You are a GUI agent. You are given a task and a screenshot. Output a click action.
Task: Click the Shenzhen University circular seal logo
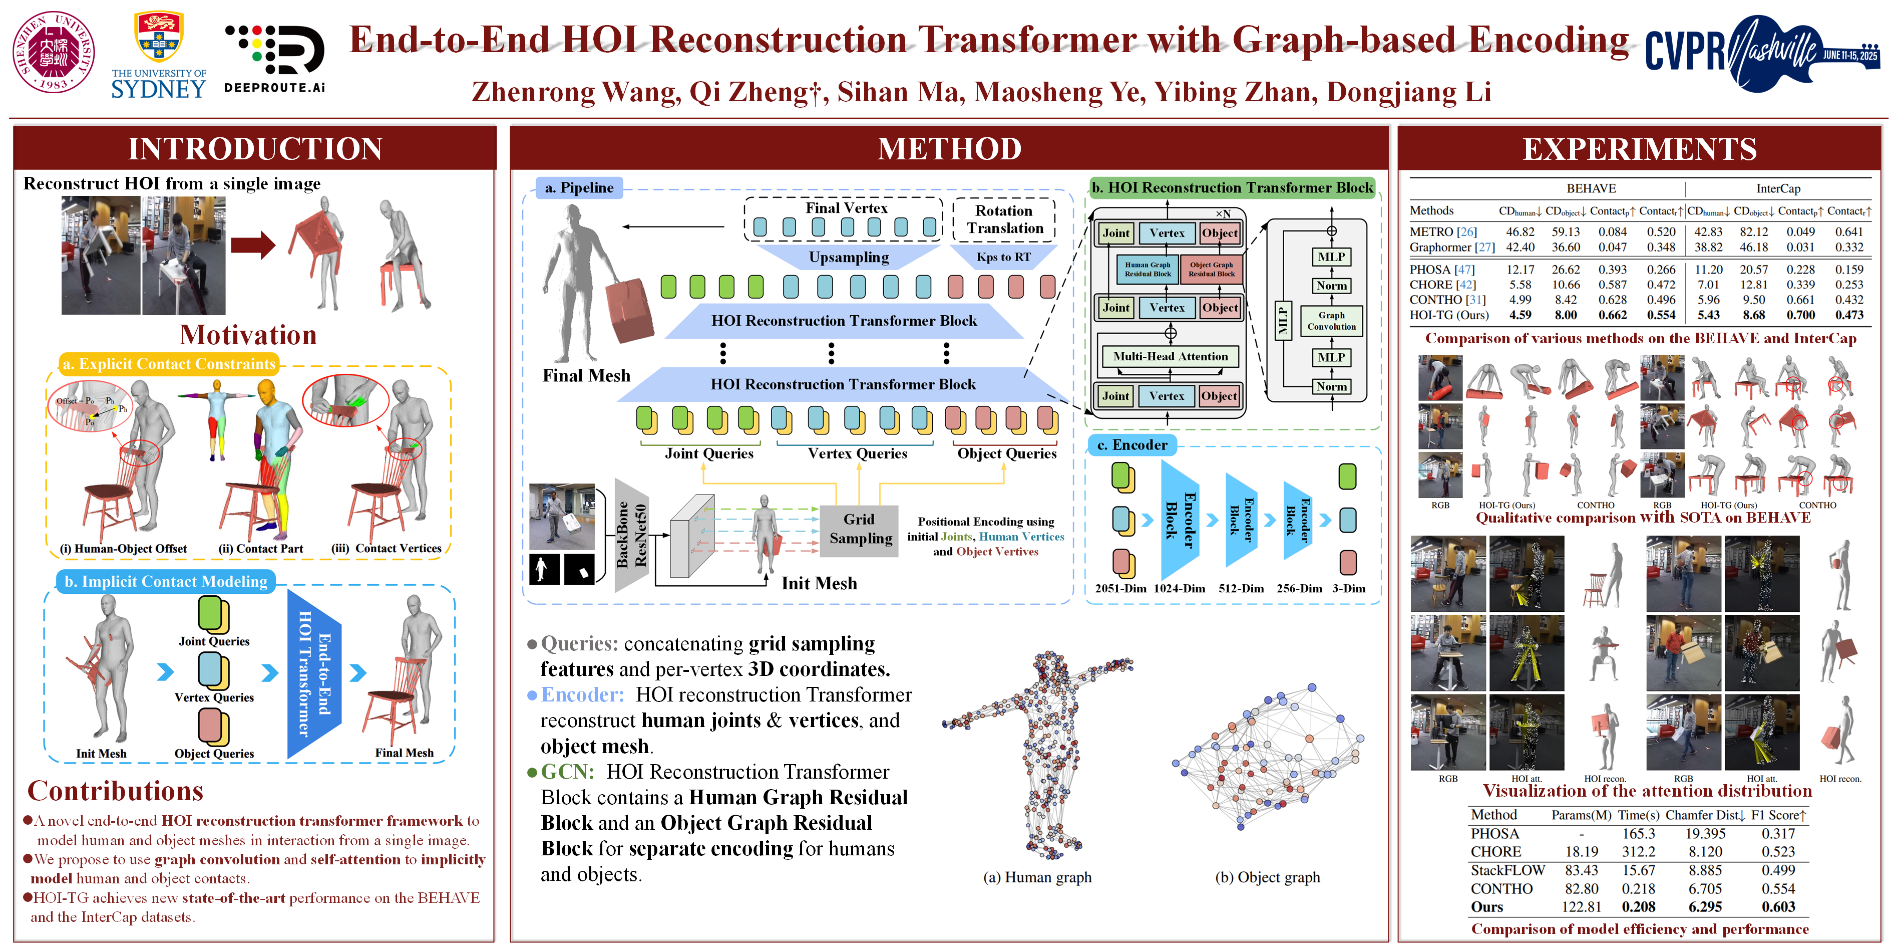click(54, 52)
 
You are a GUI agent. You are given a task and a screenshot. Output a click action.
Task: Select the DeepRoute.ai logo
click(274, 59)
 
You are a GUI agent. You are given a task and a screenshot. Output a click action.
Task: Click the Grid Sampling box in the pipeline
click(860, 529)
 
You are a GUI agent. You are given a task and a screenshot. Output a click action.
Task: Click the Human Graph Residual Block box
click(1147, 269)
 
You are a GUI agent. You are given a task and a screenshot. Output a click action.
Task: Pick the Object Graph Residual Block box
click(1211, 269)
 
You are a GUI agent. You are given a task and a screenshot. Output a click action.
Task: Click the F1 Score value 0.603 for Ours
click(1778, 906)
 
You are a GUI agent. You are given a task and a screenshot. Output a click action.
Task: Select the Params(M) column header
click(1581, 815)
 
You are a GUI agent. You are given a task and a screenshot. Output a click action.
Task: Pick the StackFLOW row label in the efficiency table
click(1507, 870)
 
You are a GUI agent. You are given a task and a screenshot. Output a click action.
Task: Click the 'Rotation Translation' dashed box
click(1004, 219)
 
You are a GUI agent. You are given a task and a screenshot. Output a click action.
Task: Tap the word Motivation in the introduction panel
click(248, 335)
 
